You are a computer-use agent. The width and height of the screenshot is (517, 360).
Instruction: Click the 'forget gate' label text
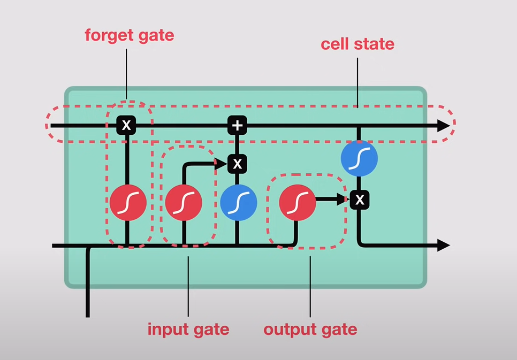coord(130,36)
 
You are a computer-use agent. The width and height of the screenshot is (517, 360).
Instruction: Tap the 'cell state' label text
coord(357,44)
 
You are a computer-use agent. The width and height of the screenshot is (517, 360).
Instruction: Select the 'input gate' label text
coord(188,329)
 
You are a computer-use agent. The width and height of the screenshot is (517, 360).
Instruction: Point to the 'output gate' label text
coord(310,329)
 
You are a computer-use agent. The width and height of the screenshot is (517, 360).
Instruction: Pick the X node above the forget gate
coord(126,125)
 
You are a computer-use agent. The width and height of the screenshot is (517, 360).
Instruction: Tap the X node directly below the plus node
coord(237,164)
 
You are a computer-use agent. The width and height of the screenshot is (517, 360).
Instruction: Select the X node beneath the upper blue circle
coord(360,200)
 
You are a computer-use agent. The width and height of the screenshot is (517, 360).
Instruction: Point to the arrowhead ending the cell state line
coord(444,126)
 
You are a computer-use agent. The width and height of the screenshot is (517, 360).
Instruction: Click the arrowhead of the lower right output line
coord(444,246)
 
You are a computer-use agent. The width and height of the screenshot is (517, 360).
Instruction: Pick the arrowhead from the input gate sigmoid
coord(222,164)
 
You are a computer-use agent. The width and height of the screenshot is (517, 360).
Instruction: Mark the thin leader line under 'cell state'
coord(358,80)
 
